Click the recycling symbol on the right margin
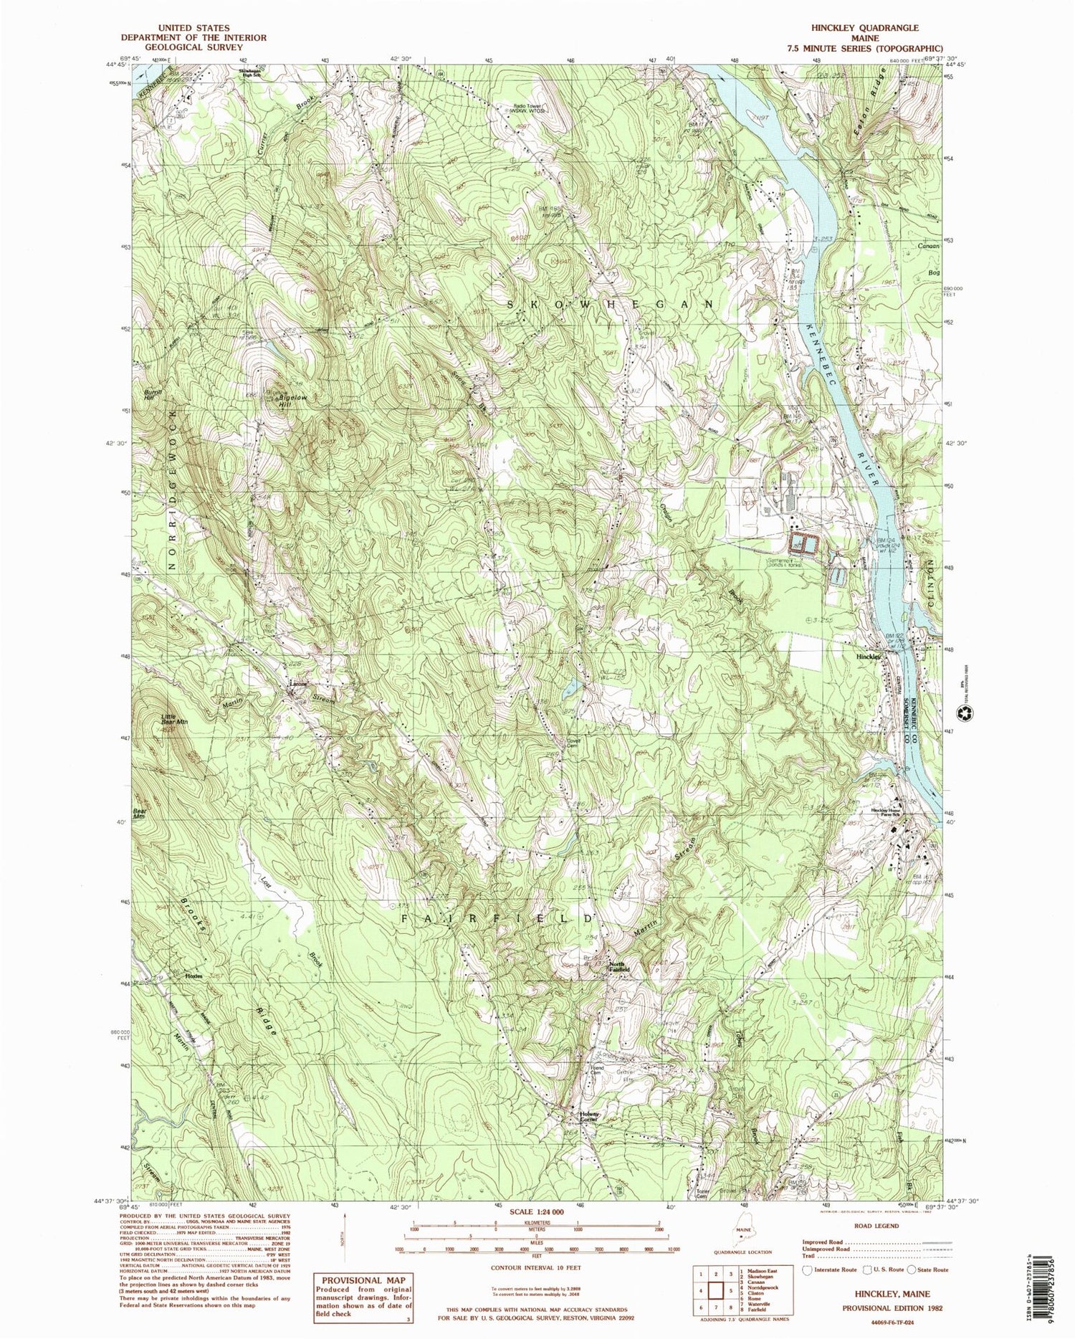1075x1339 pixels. coord(967,714)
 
